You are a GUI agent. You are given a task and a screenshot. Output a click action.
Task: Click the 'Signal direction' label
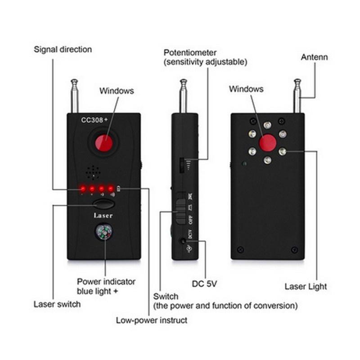(63, 49)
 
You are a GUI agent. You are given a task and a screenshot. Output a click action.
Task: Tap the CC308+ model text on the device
(94, 120)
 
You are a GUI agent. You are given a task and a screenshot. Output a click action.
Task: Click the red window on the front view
(104, 143)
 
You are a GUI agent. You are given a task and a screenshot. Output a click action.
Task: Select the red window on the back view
(268, 143)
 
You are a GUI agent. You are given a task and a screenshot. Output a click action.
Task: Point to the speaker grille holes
(93, 172)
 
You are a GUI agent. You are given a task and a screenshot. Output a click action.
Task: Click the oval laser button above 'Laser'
(104, 204)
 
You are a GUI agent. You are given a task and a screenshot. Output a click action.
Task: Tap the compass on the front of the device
(104, 232)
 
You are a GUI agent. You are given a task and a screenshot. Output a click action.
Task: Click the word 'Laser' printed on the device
(103, 216)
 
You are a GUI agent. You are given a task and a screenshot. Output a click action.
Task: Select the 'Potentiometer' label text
(190, 53)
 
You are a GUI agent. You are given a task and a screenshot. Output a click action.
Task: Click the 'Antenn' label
(314, 57)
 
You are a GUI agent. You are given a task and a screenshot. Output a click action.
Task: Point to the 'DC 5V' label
(204, 284)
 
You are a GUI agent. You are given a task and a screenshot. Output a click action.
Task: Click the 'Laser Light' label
(306, 287)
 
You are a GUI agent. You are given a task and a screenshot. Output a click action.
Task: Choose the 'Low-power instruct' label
(152, 320)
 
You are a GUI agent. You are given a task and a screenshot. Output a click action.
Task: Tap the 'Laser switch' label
(57, 304)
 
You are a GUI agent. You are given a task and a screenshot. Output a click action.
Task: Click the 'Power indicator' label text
(106, 282)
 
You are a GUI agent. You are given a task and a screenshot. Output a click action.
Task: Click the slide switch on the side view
(181, 211)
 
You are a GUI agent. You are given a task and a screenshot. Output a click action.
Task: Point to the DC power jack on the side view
(183, 241)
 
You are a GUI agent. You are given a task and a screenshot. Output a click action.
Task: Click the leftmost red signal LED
(83, 189)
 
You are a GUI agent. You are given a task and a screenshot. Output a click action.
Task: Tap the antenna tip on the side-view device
(184, 81)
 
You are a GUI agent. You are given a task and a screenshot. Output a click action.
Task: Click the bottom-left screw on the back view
(240, 249)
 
